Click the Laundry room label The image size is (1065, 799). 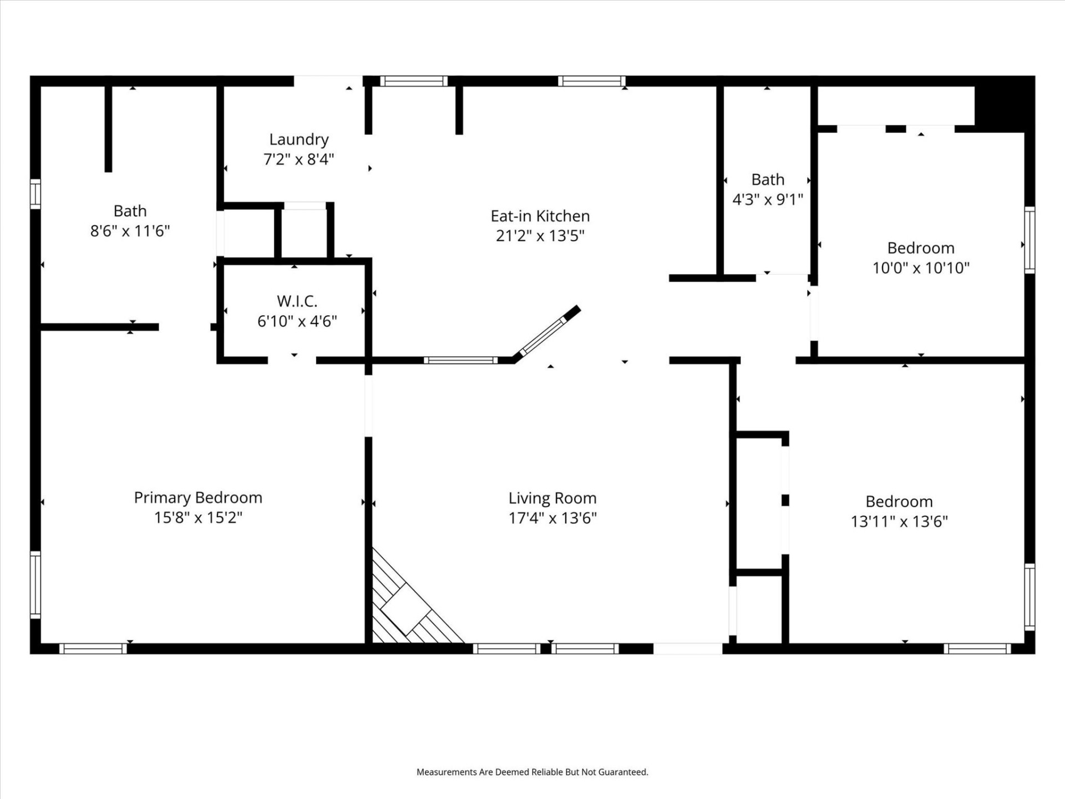coord(298,139)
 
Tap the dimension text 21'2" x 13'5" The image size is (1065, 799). coord(540,236)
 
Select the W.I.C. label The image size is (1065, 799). coord(297,301)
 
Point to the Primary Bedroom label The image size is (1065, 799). coord(198,498)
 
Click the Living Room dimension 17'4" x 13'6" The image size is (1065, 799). coord(552,518)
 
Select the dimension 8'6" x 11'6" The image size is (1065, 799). coord(130,231)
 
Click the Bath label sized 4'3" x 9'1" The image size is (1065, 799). coord(768,180)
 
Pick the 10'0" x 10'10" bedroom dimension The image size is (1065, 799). coord(921,268)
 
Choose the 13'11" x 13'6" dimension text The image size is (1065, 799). coord(899,522)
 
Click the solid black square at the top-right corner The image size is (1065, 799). coord(1004,104)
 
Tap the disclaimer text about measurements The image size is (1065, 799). coord(532,772)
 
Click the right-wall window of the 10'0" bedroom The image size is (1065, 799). coord(1029,240)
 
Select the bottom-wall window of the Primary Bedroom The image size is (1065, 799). coord(93,648)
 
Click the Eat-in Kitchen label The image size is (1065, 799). coord(540,216)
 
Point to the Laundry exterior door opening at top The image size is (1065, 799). coord(328,81)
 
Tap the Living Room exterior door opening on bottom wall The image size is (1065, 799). coord(688,648)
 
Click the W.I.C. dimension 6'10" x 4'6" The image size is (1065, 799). coord(297,321)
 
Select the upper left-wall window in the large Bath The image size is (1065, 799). coord(35,194)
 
